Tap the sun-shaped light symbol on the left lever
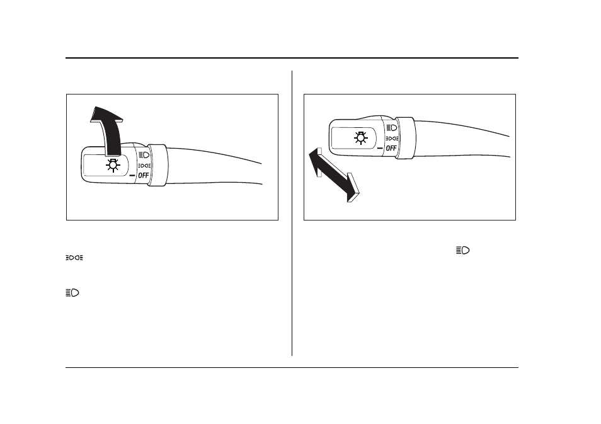point(113,165)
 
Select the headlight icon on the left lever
point(144,155)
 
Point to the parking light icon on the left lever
point(144,166)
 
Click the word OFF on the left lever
point(144,176)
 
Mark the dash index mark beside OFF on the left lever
point(133,176)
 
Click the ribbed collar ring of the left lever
point(158,165)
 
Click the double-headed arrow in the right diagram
point(334,175)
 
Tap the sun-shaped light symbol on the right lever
point(361,137)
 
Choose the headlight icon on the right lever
point(392,128)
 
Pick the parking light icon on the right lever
point(392,139)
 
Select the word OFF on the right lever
point(391,148)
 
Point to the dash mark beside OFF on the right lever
point(381,148)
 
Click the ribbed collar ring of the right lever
point(406,138)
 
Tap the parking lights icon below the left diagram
point(74,258)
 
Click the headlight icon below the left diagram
point(72,293)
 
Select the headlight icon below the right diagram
point(462,250)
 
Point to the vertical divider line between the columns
point(292,213)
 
